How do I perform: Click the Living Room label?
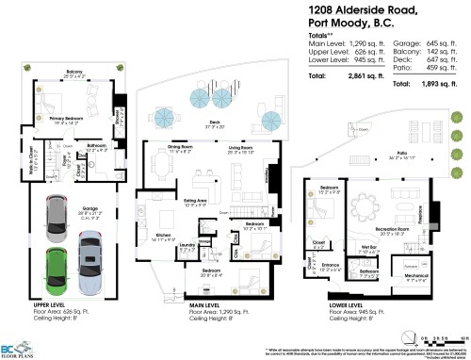(x=246, y=149)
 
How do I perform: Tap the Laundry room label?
(x=185, y=244)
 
